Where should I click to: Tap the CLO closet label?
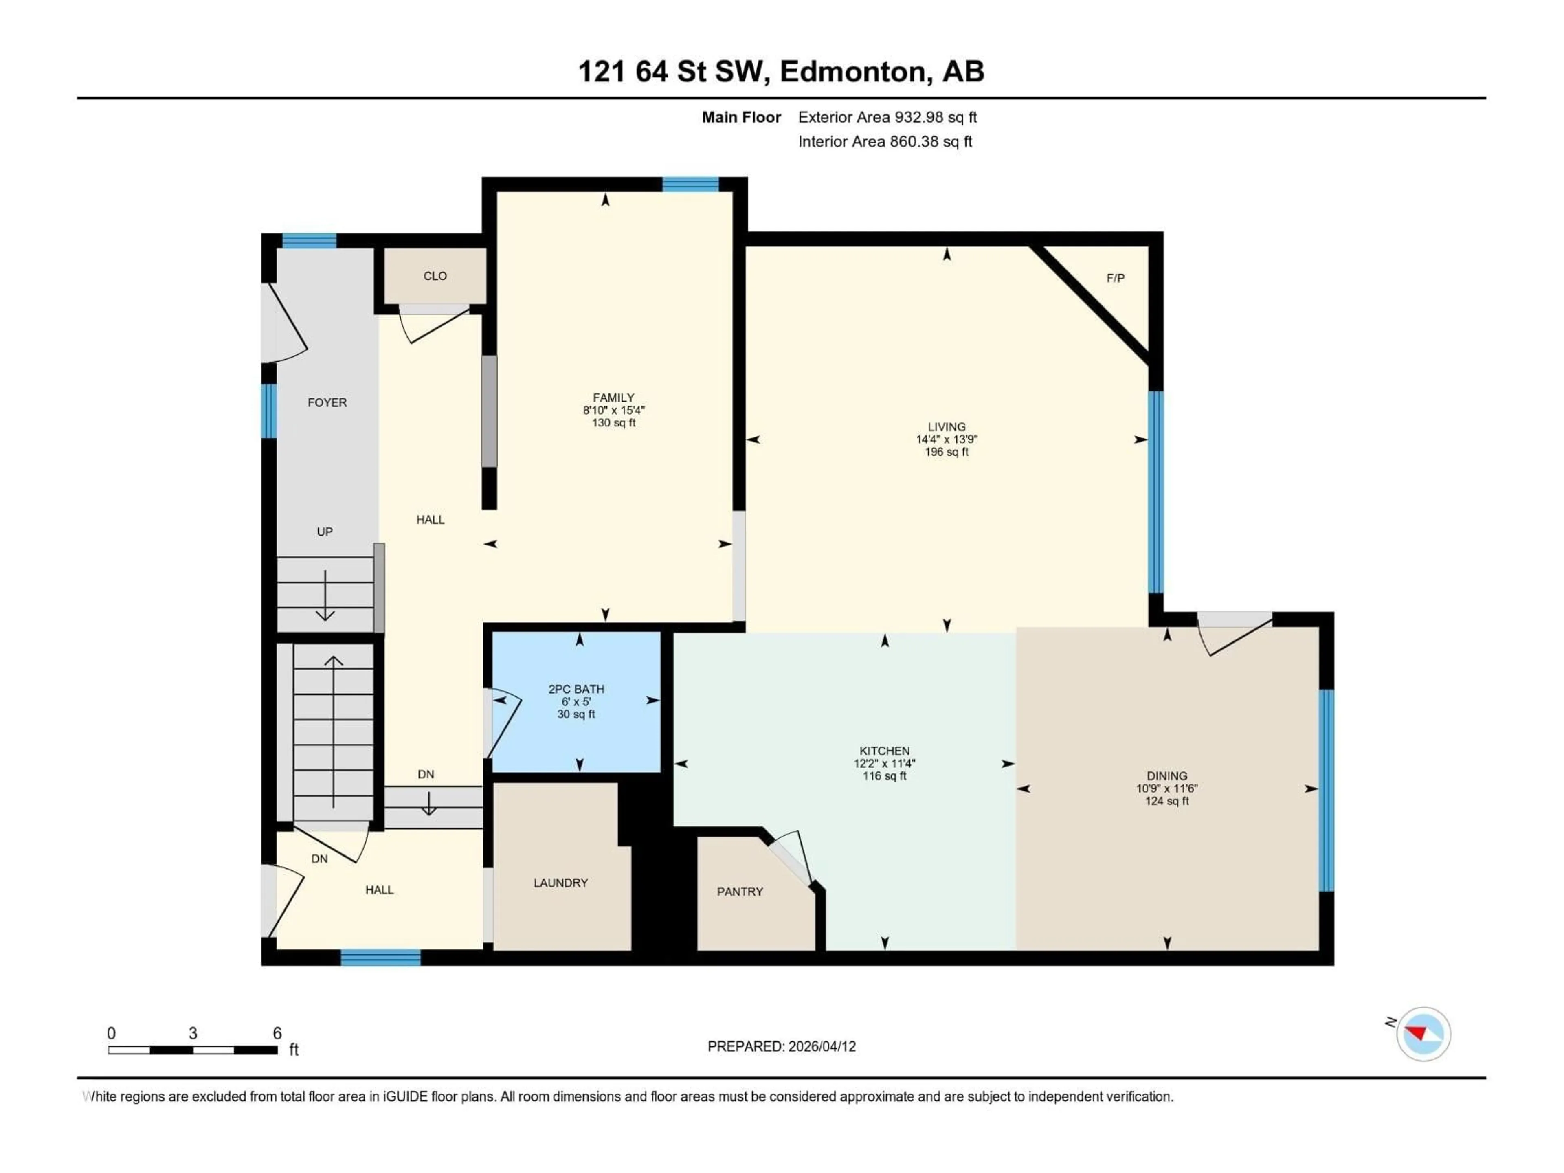pyautogui.click(x=435, y=276)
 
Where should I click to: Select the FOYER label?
pyautogui.click(x=327, y=402)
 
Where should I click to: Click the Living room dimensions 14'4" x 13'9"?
pyautogui.click(x=946, y=439)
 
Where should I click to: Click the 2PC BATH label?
pyautogui.click(x=576, y=689)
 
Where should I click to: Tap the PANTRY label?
pyautogui.click(x=740, y=892)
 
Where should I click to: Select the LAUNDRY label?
pyautogui.click(x=560, y=883)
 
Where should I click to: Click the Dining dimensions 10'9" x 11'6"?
pyautogui.click(x=1166, y=789)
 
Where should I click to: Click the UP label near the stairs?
pyautogui.click(x=325, y=532)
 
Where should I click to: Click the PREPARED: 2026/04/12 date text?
pyautogui.click(x=781, y=1046)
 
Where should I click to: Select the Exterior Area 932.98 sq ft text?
pyautogui.click(x=887, y=117)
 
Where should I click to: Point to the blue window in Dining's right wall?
pyautogui.click(x=1327, y=790)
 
